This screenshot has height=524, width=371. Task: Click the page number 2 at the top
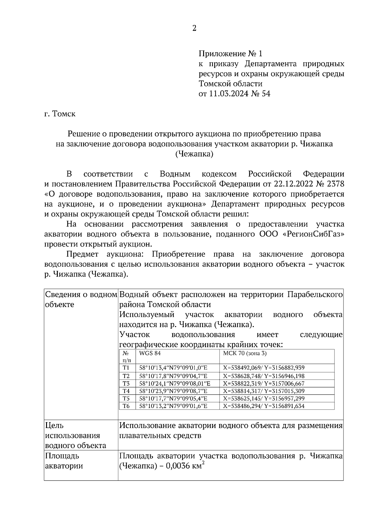coord(194,28)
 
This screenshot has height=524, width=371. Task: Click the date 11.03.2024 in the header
coord(229,94)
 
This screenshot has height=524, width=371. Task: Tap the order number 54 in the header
coord(266,94)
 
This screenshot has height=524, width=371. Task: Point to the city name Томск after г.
coord(64,114)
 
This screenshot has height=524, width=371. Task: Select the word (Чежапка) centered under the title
coord(194,154)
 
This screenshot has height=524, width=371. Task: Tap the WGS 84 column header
coord(150,353)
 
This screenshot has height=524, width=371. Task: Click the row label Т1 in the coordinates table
coord(126,368)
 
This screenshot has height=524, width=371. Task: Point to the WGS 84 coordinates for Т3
coord(175,384)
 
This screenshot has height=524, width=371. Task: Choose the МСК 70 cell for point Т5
coord(264,398)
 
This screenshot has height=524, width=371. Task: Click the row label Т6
coord(126,406)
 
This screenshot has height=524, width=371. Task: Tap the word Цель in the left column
coord(54,426)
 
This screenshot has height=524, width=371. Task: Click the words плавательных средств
coord(160,435)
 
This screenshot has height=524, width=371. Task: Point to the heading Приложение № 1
coord(230,54)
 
